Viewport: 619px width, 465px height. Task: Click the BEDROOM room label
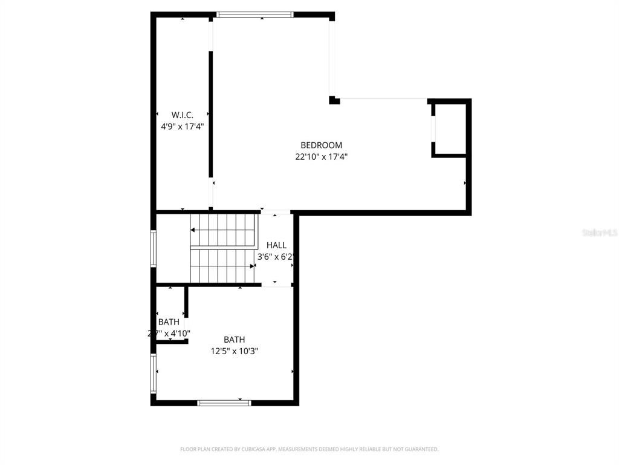(x=321, y=145)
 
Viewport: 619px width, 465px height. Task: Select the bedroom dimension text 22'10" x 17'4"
(x=321, y=157)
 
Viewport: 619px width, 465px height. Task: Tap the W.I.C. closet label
(x=182, y=114)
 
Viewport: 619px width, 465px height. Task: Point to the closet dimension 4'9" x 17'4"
(x=182, y=127)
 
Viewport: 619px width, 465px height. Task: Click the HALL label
(x=276, y=245)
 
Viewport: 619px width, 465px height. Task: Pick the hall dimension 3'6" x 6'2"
(x=276, y=257)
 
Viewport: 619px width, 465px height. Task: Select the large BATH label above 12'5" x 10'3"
(x=235, y=340)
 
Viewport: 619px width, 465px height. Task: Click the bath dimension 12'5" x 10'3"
(x=235, y=351)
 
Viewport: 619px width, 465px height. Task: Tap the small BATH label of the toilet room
(x=169, y=322)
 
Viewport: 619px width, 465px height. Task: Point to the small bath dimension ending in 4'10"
(x=169, y=333)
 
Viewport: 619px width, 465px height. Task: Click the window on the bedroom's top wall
(x=255, y=15)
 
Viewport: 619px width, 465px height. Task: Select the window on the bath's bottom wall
(x=224, y=402)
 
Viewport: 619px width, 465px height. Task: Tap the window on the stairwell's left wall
(x=154, y=248)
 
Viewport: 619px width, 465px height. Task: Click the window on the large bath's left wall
(x=154, y=374)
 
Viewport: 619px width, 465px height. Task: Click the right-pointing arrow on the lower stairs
(x=253, y=266)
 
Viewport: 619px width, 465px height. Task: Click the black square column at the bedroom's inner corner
(x=334, y=100)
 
